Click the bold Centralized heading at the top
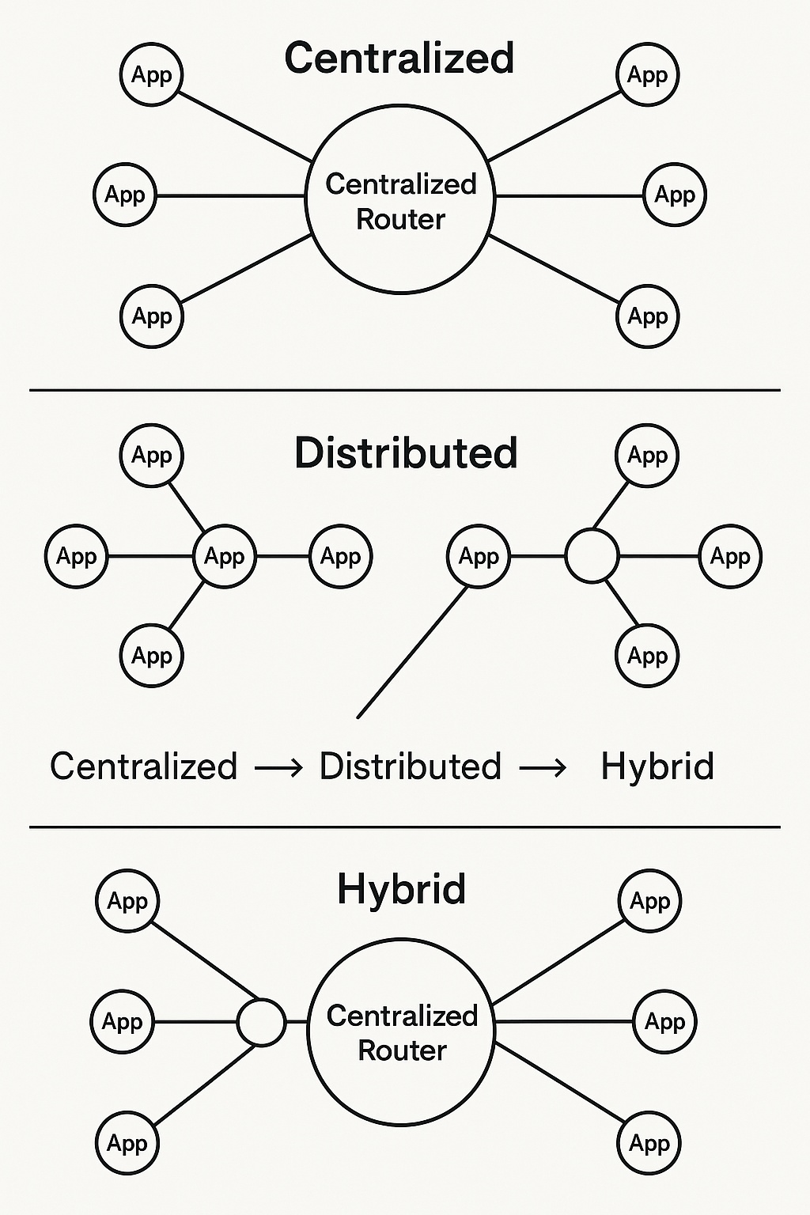click(399, 59)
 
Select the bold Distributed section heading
click(406, 454)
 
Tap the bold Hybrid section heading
click(401, 889)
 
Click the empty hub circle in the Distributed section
click(592, 556)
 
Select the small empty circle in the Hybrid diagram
click(261, 1022)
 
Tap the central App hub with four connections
click(225, 557)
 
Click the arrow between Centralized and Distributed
click(278, 767)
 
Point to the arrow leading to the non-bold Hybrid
click(543, 767)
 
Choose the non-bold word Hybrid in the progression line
click(657, 766)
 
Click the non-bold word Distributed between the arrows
click(410, 766)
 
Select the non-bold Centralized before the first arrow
click(143, 766)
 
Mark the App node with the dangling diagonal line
click(479, 557)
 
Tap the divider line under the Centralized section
click(405, 390)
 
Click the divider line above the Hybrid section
click(405, 827)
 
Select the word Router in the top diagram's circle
click(400, 219)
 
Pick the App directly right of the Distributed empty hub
click(730, 557)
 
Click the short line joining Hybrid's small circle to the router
click(296, 1022)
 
